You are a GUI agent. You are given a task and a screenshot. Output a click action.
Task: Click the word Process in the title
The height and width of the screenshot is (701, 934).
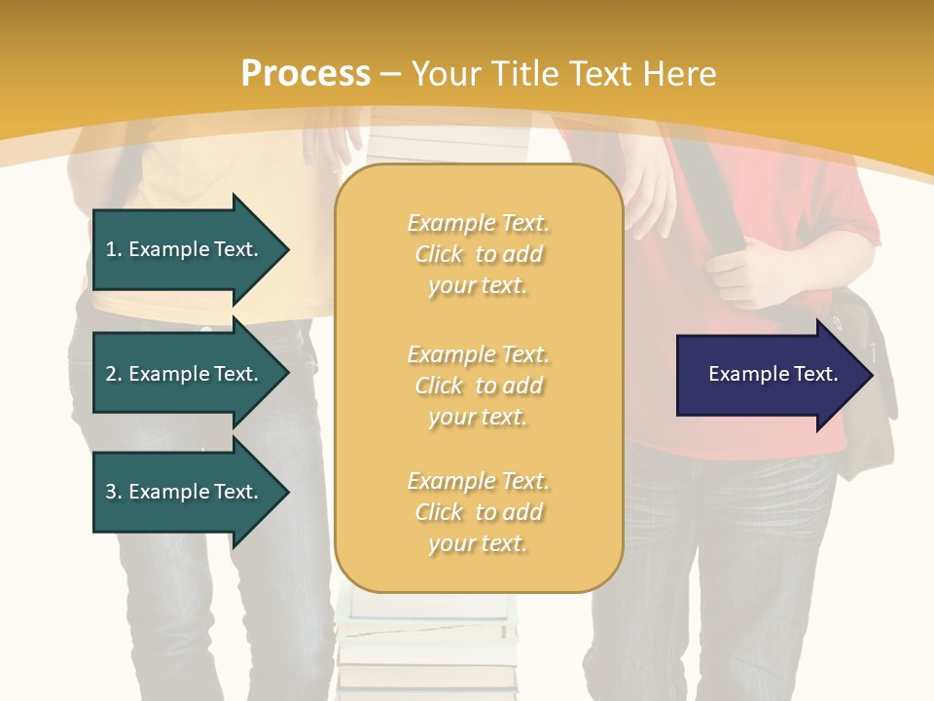[305, 74]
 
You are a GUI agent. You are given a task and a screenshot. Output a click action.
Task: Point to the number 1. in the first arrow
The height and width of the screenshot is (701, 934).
[113, 249]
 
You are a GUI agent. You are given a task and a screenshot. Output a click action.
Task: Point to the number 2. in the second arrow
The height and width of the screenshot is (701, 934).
[113, 374]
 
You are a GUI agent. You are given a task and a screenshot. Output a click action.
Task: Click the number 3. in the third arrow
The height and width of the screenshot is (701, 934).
[113, 492]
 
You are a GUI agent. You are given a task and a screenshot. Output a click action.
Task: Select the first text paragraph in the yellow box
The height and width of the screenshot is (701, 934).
[478, 254]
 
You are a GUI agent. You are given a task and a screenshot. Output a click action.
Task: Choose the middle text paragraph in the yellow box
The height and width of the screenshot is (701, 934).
[478, 386]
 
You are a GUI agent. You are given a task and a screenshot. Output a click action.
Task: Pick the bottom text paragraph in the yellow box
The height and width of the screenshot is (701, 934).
[478, 512]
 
